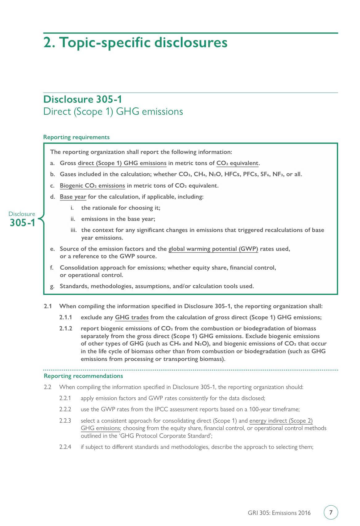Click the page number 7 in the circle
coord(331,512)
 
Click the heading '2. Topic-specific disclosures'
coord(135,42)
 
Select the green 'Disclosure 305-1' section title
coord(82,99)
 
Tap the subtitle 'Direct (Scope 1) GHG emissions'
coord(113,111)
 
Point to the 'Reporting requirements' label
coord(76,137)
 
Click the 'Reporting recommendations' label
coord(83,376)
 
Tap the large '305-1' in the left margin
coord(23,222)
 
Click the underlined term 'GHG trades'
coord(132,317)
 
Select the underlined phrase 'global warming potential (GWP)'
coord(213,249)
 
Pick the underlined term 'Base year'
coord(73,197)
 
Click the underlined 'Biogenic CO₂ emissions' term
coord(92,185)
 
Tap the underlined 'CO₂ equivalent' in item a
coord(237,163)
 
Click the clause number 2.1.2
coord(65,328)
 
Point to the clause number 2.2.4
coord(65,447)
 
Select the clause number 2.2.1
coord(65,398)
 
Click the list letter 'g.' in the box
coord(52,286)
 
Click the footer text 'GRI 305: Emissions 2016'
coord(279,513)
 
